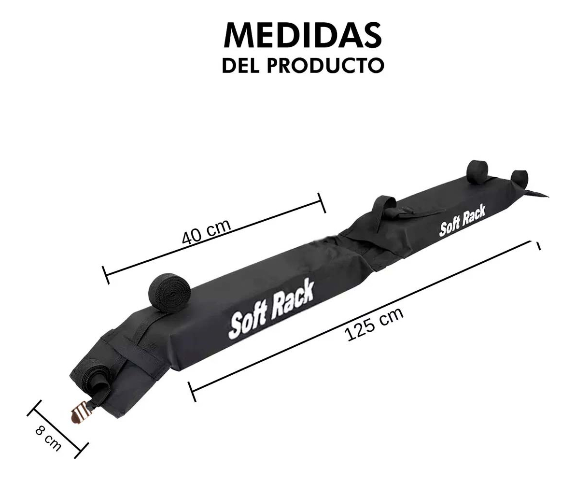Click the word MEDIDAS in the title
(x=303, y=35)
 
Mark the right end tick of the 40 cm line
(x=322, y=202)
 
